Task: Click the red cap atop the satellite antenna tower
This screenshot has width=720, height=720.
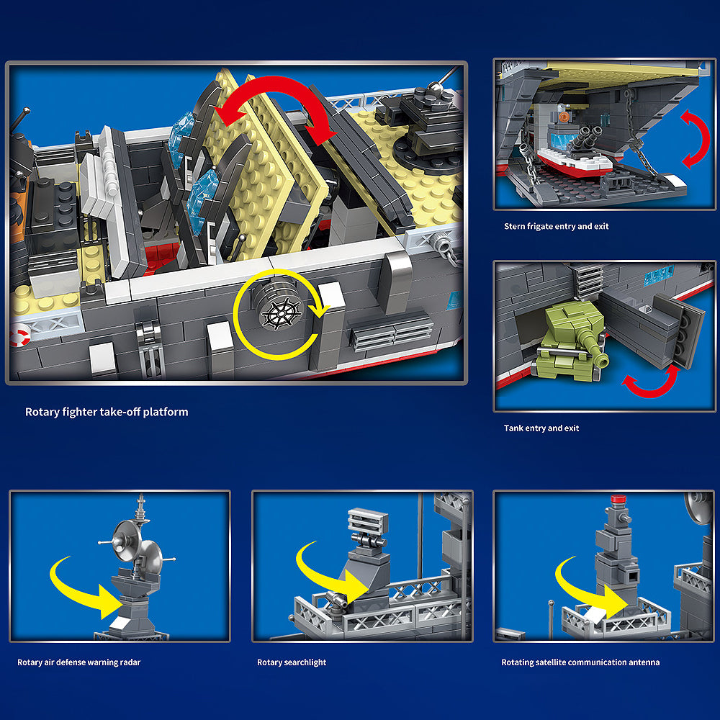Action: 618,500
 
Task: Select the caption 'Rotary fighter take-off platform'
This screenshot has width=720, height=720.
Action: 107,412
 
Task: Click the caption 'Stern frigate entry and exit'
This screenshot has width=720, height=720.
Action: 556,226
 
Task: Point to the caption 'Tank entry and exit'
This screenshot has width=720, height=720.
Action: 541,428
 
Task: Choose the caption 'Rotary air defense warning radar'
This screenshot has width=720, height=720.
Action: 79,662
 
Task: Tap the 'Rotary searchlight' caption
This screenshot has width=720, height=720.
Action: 292,662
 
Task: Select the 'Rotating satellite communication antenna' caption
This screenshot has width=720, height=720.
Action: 580,662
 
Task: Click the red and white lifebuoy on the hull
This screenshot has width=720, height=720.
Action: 19,335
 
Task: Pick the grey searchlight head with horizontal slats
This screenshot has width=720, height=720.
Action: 367,521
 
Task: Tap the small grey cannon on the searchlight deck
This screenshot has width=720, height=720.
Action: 336,599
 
